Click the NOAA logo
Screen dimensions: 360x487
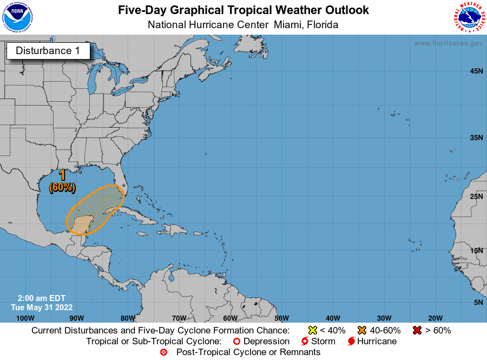(17, 17)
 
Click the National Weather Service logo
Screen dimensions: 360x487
(468, 17)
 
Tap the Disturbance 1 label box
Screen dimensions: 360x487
(48, 51)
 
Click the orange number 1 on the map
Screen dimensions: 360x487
(62, 175)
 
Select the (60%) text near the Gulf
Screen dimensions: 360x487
(62, 187)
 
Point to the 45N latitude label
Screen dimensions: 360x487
(476, 71)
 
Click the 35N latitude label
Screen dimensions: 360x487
(476, 138)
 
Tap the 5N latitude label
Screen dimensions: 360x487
(478, 302)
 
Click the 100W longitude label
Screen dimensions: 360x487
(25, 318)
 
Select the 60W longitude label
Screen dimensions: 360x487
(230, 318)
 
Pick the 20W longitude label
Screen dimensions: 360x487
(435, 318)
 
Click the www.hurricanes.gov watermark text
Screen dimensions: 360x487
(448, 43)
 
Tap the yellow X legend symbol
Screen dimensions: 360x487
(312, 330)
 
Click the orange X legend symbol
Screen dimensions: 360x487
(362, 330)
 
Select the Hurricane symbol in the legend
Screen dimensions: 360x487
(351, 342)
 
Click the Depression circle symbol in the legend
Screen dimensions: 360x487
(236, 342)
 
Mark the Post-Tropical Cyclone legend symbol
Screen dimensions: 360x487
(164, 352)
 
